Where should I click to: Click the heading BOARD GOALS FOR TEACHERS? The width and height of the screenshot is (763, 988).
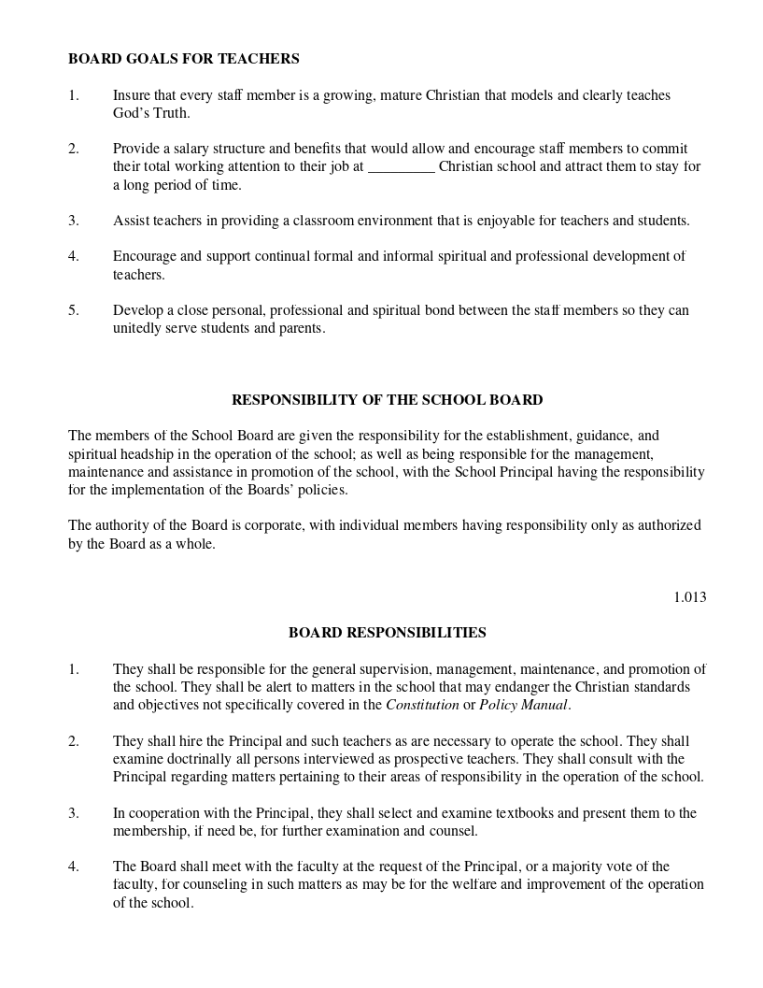coord(183,59)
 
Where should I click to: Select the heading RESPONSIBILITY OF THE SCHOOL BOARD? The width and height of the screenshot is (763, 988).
coord(387,400)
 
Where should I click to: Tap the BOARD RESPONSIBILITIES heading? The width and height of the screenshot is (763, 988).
coord(387,633)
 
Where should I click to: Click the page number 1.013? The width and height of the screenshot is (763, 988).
coord(689,597)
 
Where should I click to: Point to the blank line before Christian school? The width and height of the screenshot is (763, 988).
coord(402,167)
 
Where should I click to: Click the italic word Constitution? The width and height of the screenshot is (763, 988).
coord(422,705)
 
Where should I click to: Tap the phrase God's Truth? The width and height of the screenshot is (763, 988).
coord(151,113)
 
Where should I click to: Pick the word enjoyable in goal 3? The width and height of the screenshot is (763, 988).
coord(508,222)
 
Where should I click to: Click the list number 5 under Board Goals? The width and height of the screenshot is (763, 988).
coord(73,310)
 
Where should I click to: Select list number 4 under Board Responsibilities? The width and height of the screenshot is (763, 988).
coord(73,866)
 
